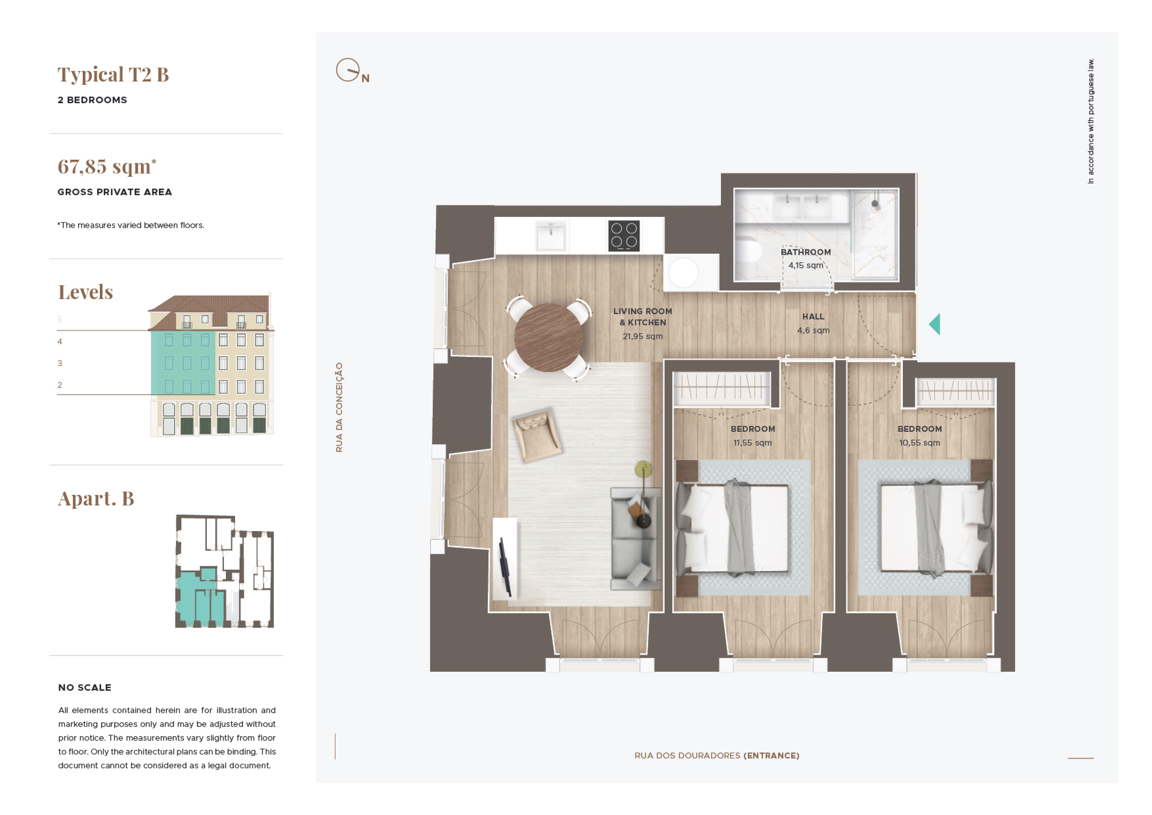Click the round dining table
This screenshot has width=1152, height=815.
(548, 338)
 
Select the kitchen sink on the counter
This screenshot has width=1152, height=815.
(551, 236)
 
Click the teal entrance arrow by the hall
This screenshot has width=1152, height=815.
(934, 324)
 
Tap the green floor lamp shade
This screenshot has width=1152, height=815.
(643, 470)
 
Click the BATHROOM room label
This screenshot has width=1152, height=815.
(805, 252)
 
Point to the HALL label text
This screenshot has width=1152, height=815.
(813, 316)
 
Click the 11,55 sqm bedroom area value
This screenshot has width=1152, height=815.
(752, 443)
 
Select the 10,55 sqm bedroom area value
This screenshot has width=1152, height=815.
(919, 443)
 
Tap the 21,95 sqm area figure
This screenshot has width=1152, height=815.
(642, 337)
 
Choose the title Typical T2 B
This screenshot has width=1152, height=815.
(113, 74)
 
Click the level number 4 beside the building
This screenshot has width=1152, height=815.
(60, 341)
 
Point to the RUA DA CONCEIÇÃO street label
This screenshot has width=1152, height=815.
(339, 407)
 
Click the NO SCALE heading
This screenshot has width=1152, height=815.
(85, 687)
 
